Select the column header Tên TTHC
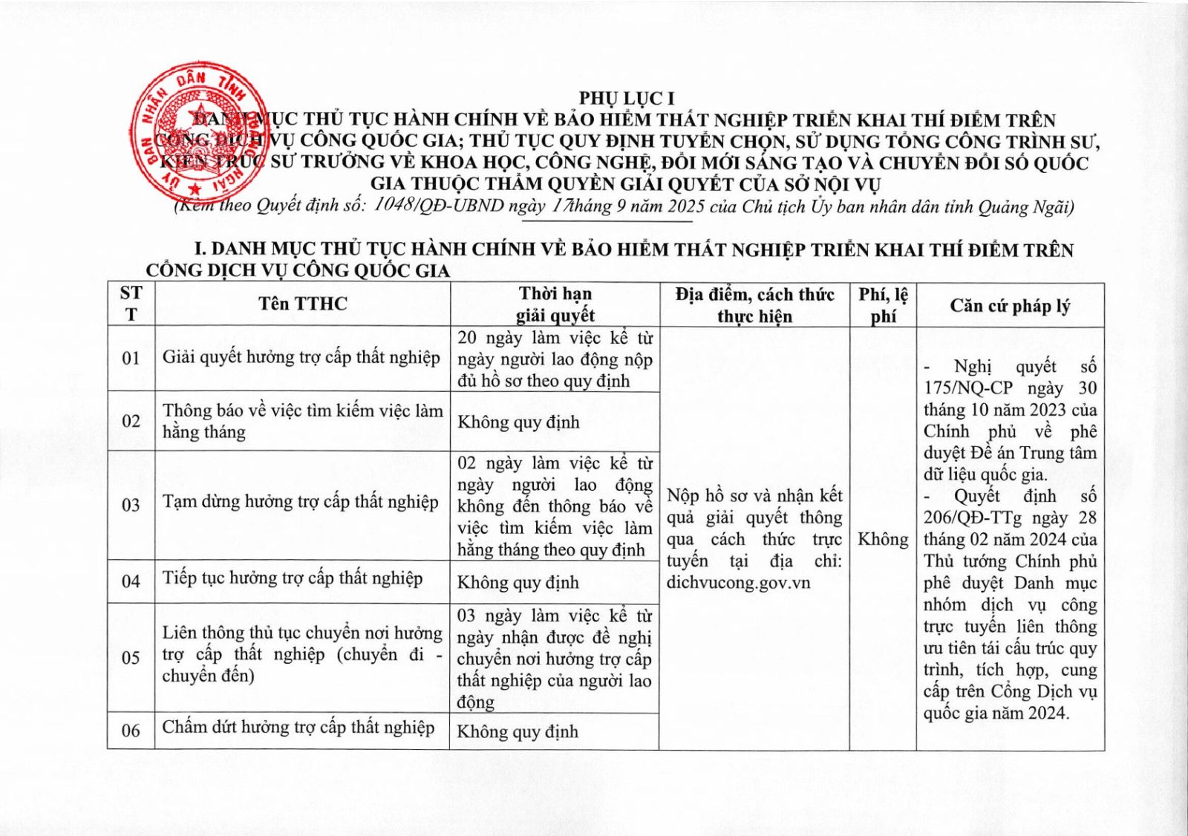click(x=302, y=304)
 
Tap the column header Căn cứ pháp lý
click(x=1010, y=306)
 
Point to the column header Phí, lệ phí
click(x=883, y=305)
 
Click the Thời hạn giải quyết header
click(x=555, y=304)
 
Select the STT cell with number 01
click(x=131, y=359)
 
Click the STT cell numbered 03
click(x=131, y=505)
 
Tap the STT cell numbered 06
click(x=131, y=731)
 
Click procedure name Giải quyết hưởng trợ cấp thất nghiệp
click(x=301, y=358)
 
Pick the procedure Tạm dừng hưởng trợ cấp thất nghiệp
click(x=300, y=503)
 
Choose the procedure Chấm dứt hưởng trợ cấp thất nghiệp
click(x=298, y=728)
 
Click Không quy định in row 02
click(x=518, y=422)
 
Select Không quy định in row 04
click(x=518, y=583)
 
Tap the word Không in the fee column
click(x=883, y=539)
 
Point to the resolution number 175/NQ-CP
click(x=970, y=388)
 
